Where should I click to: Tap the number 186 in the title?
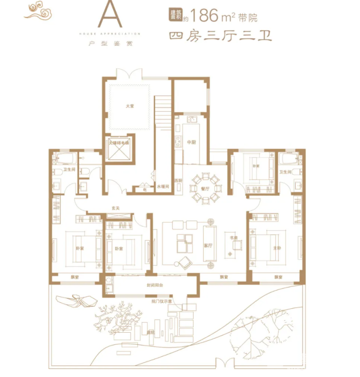tap(204, 16)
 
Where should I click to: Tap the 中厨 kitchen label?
tap(191, 143)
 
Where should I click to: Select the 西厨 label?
tap(178, 180)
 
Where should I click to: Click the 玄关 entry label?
tap(115, 208)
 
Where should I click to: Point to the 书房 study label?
tap(234, 238)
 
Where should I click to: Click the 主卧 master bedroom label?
tap(277, 248)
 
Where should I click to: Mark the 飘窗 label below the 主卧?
tap(278, 277)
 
